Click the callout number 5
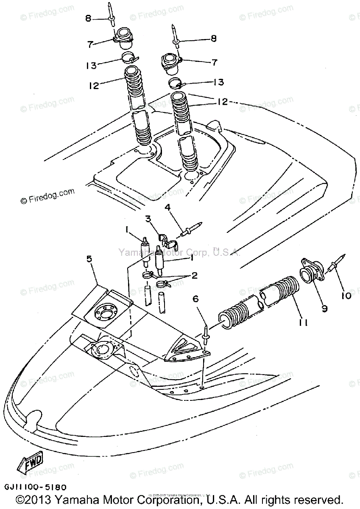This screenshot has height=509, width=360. pos(89,259)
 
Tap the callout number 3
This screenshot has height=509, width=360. pos(148,219)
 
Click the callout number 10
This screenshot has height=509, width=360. pos(346,295)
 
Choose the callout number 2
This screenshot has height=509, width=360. pos(195,276)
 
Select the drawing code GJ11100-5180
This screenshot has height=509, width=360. pos(36,488)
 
